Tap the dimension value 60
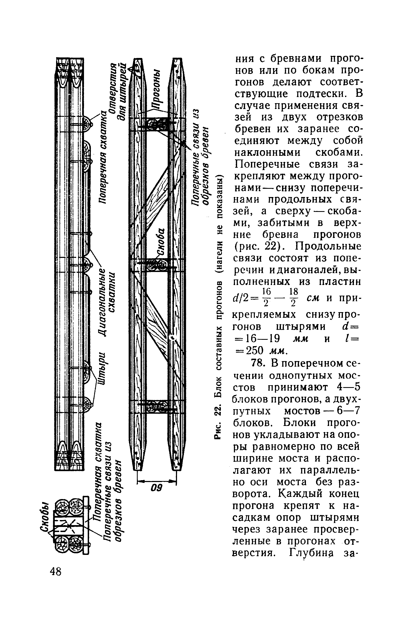[157, 488]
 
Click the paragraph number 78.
[241, 363]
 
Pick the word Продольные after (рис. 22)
[329, 247]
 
